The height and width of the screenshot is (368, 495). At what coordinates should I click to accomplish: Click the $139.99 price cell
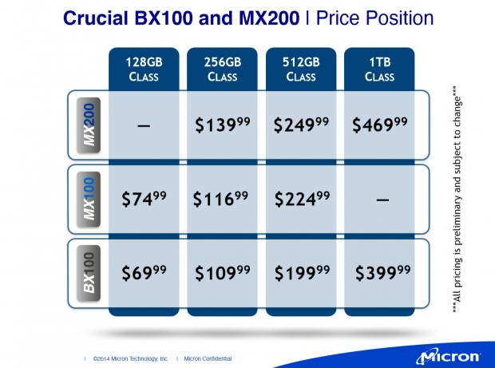coord(221,125)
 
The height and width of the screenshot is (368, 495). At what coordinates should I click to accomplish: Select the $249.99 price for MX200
coord(299,125)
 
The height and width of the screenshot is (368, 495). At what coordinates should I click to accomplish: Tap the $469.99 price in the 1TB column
coord(379,125)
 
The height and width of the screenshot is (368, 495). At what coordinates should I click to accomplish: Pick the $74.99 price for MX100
coord(143,199)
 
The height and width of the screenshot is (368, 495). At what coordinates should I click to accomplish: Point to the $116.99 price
coord(221,199)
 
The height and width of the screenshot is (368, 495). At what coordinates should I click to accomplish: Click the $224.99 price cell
coord(299,199)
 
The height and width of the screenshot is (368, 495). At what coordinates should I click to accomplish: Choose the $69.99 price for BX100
coord(143,274)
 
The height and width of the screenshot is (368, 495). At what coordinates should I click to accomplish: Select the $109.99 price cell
coord(221,274)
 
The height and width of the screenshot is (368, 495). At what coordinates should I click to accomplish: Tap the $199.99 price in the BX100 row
coord(299,274)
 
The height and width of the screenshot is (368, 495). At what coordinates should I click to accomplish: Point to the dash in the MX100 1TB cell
coord(379,200)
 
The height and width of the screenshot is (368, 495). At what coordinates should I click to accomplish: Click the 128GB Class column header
coord(144,69)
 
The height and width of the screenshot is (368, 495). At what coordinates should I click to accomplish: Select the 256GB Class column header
coord(222,69)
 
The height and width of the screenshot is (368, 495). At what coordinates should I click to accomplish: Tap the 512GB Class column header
coord(300,69)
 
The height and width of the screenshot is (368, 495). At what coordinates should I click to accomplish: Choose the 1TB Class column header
coord(379,69)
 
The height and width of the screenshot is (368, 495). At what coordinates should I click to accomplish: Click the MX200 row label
coord(89,126)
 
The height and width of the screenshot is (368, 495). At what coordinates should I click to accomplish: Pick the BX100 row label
coord(89,274)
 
